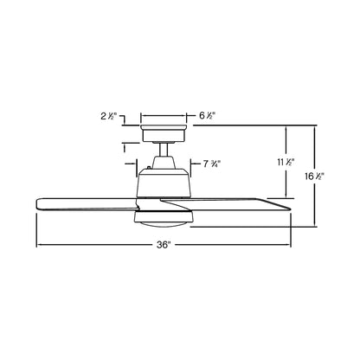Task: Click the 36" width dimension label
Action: point(164,246)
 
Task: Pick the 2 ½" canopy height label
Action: point(110,114)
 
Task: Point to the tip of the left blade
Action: point(38,203)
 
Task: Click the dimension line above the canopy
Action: point(164,114)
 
